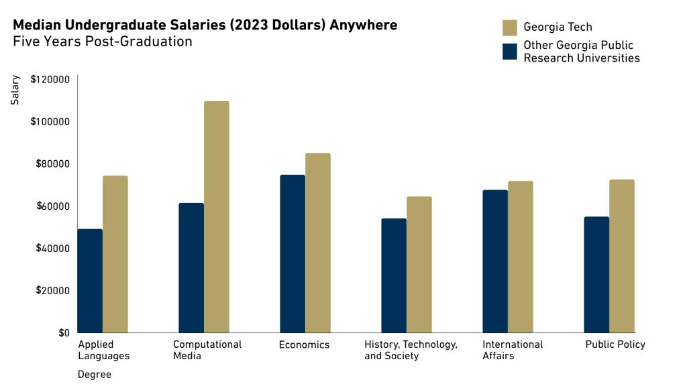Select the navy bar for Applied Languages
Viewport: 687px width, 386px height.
(90, 281)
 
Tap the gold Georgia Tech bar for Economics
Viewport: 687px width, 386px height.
(318, 243)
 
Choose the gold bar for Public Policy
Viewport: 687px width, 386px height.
(622, 256)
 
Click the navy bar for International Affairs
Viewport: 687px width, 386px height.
(495, 261)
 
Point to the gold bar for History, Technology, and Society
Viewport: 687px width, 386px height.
(419, 265)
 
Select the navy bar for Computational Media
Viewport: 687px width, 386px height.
(191, 267)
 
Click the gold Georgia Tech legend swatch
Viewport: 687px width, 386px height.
(510, 27)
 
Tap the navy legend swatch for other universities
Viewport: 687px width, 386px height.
(510, 52)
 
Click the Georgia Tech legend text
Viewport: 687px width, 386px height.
(558, 27)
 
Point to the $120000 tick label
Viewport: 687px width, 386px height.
(50, 80)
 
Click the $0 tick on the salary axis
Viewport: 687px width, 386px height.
(63, 332)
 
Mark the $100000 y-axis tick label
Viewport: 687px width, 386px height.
(50, 122)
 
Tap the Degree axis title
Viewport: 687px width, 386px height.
(94, 375)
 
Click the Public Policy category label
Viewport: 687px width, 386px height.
(615, 344)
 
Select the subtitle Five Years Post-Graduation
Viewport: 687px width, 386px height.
(103, 42)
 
